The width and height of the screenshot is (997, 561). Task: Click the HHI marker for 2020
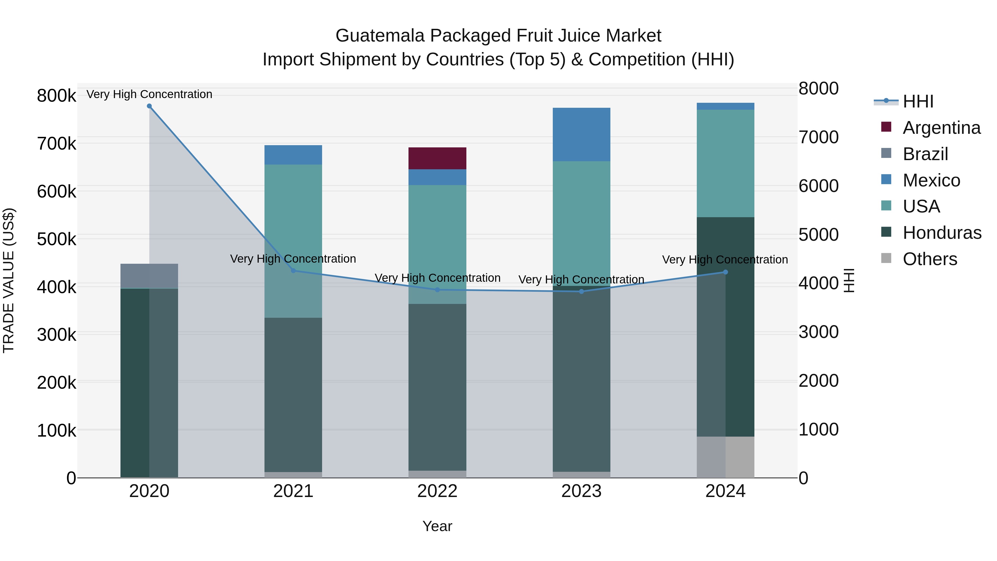click(x=149, y=106)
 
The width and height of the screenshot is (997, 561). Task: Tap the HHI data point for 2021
click(x=293, y=271)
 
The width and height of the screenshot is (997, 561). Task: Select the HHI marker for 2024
click(x=726, y=272)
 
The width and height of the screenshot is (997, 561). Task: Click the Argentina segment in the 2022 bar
click(x=437, y=158)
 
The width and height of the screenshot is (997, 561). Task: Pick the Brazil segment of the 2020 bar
click(x=149, y=276)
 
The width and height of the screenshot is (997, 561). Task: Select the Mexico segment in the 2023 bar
click(x=581, y=134)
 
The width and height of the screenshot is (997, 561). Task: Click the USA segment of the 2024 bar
click(x=726, y=163)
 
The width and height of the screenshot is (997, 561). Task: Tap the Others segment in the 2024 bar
click(x=726, y=457)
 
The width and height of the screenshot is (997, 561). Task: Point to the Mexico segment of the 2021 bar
click(x=293, y=155)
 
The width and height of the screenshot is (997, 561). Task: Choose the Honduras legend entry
click(x=942, y=233)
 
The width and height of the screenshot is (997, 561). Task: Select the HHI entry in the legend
click(x=918, y=101)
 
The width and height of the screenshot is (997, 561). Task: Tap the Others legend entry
click(x=930, y=259)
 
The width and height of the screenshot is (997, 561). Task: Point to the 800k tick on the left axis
click(x=56, y=96)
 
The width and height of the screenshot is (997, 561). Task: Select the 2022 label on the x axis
click(x=437, y=491)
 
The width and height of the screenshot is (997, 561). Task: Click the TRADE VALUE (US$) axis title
click(x=9, y=280)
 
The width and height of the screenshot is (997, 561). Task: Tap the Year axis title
click(x=437, y=526)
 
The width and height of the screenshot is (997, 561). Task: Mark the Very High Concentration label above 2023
click(x=581, y=279)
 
